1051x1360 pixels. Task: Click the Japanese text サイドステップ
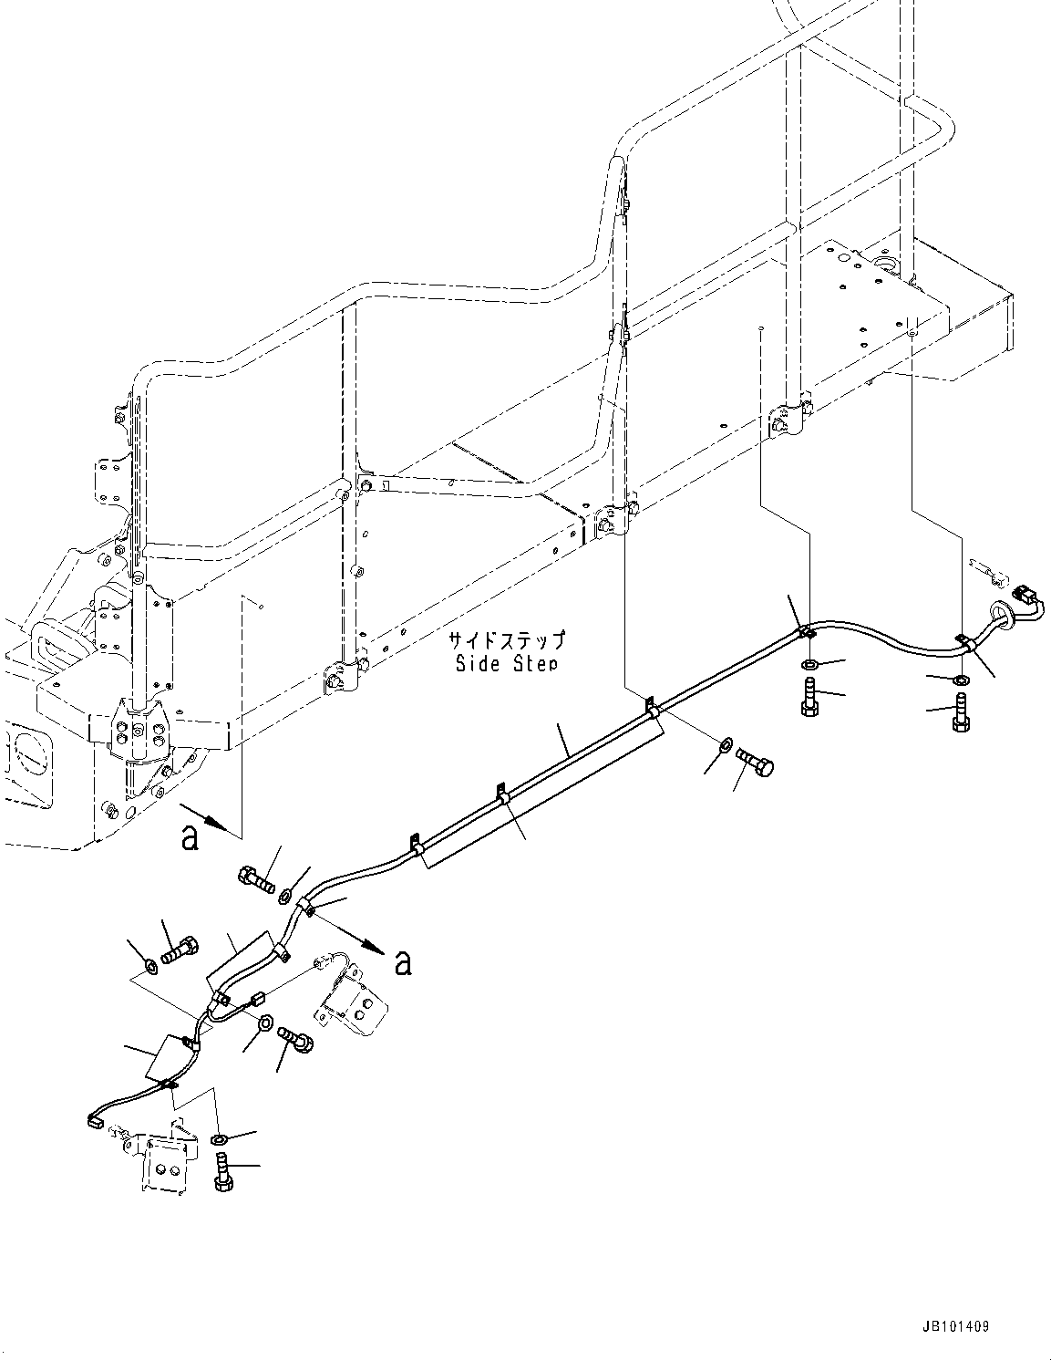pos(506,640)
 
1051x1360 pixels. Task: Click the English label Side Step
pos(506,663)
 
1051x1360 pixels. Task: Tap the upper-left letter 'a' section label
pos(190,837)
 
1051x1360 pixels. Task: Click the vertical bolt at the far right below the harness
pos(960,712)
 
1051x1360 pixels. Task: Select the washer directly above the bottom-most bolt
pos(219,1139)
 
